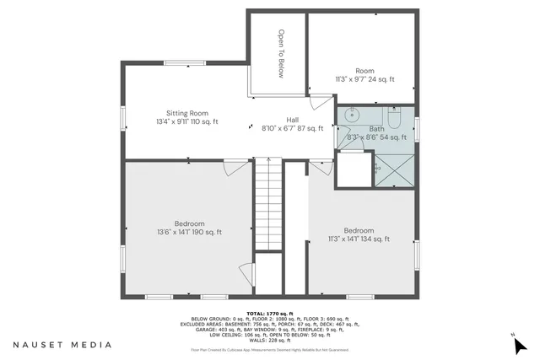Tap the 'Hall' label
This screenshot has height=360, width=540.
292,119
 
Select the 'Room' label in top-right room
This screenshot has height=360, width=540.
364,71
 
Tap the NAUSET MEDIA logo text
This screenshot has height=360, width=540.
62,345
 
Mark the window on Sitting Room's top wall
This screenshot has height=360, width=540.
178,64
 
